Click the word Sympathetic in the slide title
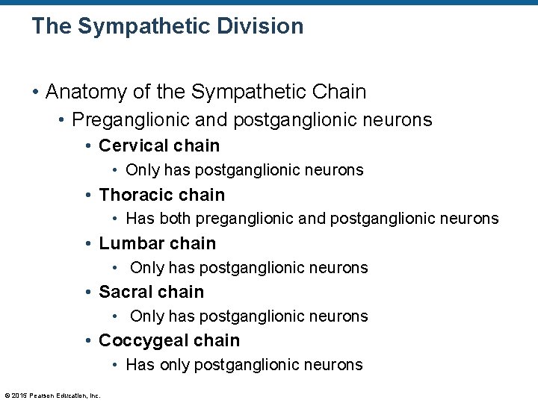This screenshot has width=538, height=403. tap(140, 26)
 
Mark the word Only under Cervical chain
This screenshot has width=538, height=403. tap(143, 170)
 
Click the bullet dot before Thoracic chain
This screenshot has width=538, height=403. tap(89, 196)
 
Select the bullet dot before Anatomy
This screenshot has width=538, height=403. tap(35, 93)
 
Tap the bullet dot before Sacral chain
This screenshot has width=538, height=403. tap(89, 293)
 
